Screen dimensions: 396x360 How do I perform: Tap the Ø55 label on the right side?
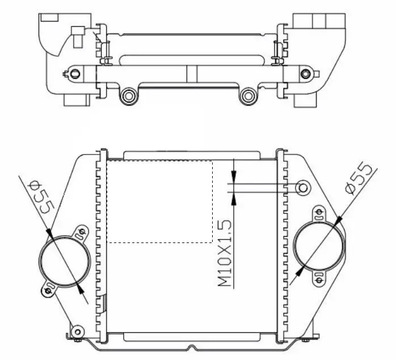pyautogui.click(x=359, y=179)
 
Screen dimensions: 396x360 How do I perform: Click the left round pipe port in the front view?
pyautogui.click(x=65, y=261)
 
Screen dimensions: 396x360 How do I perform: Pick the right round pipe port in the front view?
pyautogui.click(x=319, y=245)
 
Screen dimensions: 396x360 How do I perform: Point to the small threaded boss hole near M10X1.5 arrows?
pyautogui.click(x=303, y=188)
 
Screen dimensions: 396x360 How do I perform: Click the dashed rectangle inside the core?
pyautogui.click(x=159, y=202)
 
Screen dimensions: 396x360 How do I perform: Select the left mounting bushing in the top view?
pyautogui.click(x=129, y=96)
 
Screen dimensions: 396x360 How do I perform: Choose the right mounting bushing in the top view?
pyautogui.click(x=248, y=96)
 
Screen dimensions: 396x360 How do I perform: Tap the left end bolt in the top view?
pyautogui.click(x=74, y=74)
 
